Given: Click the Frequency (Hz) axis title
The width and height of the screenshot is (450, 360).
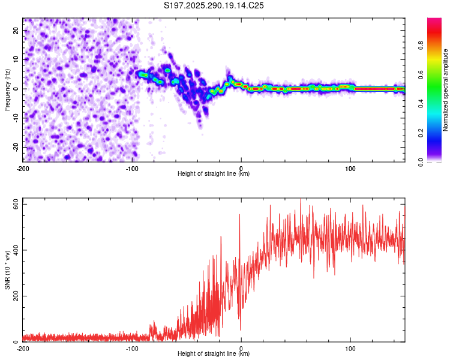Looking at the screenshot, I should [7, 90].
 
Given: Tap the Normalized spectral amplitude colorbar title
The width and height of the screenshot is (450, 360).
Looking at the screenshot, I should [446, 90].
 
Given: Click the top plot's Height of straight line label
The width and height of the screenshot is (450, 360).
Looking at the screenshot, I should [214, 173].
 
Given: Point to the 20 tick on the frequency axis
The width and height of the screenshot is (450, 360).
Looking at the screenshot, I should [16, 30].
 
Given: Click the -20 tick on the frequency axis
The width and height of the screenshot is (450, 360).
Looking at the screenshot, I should [15, 147].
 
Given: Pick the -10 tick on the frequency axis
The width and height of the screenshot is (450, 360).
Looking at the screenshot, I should [15, 118].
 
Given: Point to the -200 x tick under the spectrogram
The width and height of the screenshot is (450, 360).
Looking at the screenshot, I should [23, 168].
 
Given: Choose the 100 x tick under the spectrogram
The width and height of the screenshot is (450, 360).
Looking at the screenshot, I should [350, 168].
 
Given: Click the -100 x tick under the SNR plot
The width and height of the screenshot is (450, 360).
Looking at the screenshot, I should [131, 348].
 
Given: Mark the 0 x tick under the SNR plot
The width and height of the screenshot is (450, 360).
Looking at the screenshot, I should [241, 348].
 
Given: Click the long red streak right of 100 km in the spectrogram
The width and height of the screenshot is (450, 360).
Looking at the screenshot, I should [378, 88].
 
